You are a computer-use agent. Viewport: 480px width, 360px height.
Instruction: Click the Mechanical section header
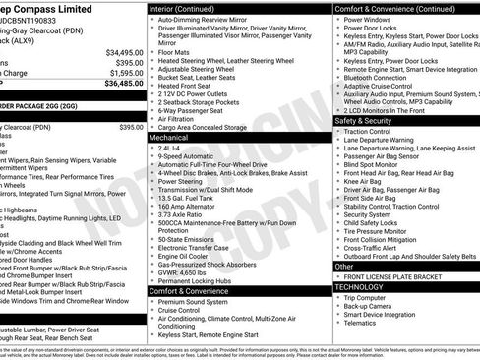168,139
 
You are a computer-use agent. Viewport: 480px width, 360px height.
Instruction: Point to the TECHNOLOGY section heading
362,286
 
